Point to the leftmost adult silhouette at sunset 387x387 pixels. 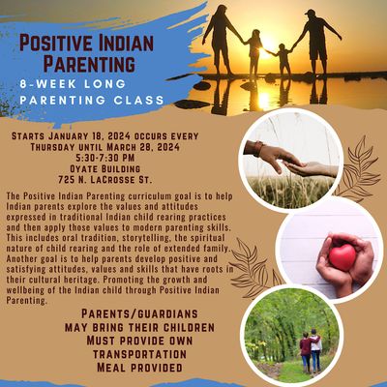[220, 39]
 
